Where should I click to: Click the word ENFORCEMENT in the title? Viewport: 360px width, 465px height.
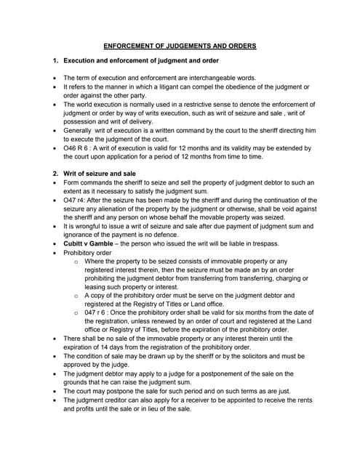coord(129,46)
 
